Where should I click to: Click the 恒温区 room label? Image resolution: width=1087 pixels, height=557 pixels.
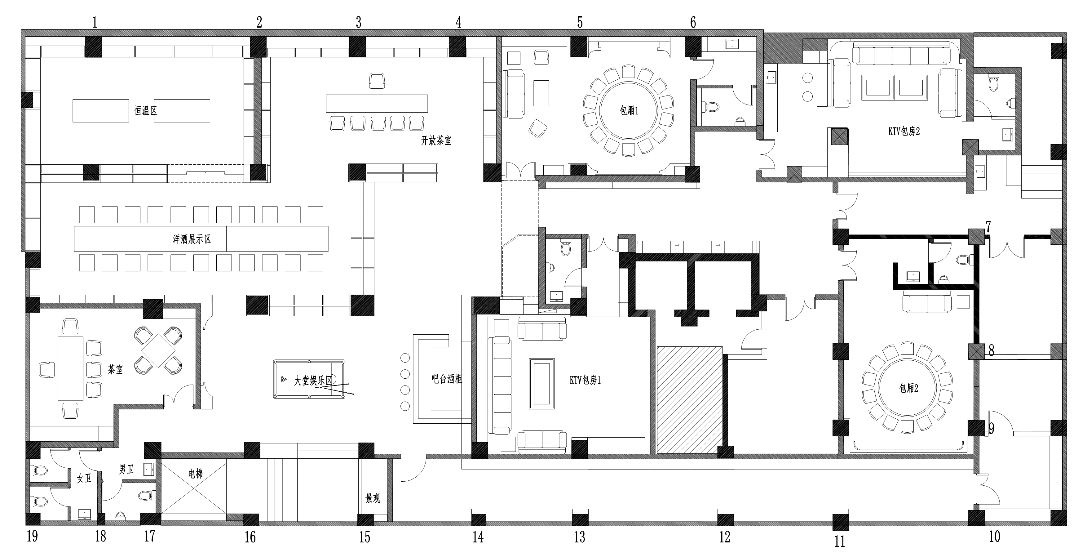(146, 111)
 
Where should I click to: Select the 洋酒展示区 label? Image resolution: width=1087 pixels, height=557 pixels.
(192, 239)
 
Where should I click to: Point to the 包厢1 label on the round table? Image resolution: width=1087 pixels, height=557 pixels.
(629, 111)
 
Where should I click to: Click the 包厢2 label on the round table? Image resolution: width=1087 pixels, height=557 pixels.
(908, 388)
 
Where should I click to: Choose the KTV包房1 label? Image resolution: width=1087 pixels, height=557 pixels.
(585, 380)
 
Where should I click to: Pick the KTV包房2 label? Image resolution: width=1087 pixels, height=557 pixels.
(904, 131)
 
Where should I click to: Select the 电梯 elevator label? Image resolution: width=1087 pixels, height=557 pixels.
(195, 473)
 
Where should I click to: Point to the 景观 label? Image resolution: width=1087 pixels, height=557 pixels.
(373, 499)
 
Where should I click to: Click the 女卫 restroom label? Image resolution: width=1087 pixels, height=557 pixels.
(84, 479)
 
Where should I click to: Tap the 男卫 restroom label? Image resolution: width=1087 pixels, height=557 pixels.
(126, 469)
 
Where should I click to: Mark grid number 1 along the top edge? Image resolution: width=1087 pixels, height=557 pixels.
(95, 22)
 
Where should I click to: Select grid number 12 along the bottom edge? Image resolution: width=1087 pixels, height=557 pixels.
(725, 537)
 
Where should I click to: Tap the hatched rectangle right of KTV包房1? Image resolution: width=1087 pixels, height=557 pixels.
(690, 400)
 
